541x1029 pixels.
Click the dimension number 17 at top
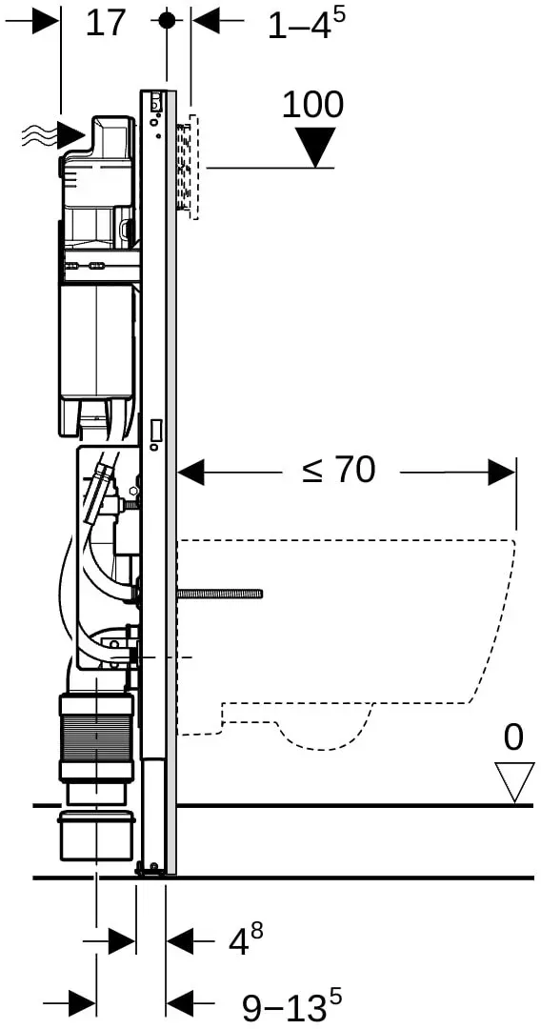pyautogui.click(x=105, y=23)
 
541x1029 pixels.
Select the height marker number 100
pyautogui.click(x=312, y=105)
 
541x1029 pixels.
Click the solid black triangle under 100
pyautogui.click(x=315, y=147)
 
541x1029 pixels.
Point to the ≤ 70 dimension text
pyautogui.click(x=339, y=471)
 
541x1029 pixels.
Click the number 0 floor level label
pyautogui.click(x=513, y=736)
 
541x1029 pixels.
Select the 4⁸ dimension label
pyautogui.click(x=245, y=938)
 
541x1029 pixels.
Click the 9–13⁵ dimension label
pyautogui.click(x=291, y=1005)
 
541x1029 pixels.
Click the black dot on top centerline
pyautogui.click(x=168, y=21)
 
